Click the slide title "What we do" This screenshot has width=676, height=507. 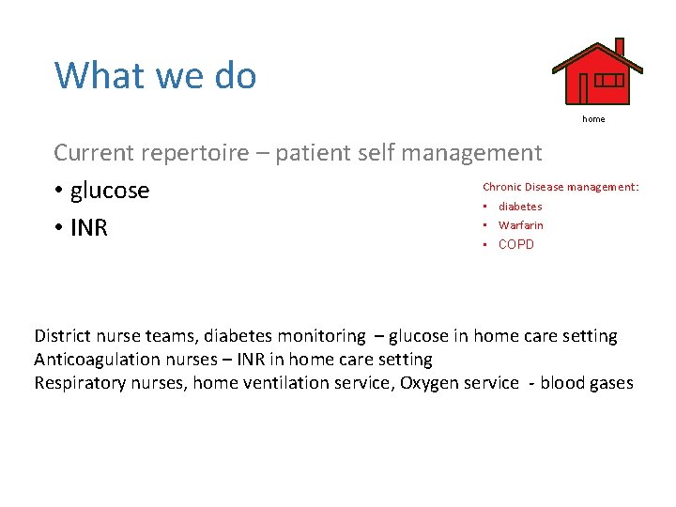155,75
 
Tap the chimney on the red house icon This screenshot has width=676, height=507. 619,47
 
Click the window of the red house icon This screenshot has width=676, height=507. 608,81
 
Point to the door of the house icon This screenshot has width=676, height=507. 583,87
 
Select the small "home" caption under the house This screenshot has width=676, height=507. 593,119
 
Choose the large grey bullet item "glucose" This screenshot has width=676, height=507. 109,191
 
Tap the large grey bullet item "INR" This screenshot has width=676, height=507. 88,228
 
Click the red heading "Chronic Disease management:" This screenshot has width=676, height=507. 561,187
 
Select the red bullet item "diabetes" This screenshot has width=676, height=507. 520,207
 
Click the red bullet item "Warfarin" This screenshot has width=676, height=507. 520,225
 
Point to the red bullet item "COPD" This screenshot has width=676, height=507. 515,245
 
